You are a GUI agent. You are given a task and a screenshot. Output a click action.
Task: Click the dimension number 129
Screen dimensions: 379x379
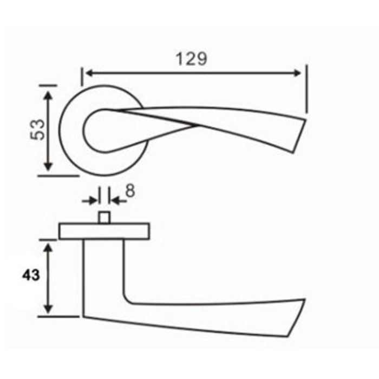tap(192, 58)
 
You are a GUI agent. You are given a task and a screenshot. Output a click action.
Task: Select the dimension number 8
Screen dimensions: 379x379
tap(130, 190)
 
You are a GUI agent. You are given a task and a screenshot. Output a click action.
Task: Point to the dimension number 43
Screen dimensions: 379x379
tap(31, 276)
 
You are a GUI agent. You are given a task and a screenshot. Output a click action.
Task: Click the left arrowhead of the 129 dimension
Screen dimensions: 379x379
tap(87, 73)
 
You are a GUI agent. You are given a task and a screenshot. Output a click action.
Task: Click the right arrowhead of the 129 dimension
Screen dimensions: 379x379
tap(297, 73)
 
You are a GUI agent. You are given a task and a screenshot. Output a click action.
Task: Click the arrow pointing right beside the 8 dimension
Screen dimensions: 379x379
tap(92, 201)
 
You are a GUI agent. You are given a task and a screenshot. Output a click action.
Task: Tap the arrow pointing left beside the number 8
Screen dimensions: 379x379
tap(116, 201)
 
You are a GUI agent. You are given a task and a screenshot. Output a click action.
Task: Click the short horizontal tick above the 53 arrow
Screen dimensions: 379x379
tap(48, 84)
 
